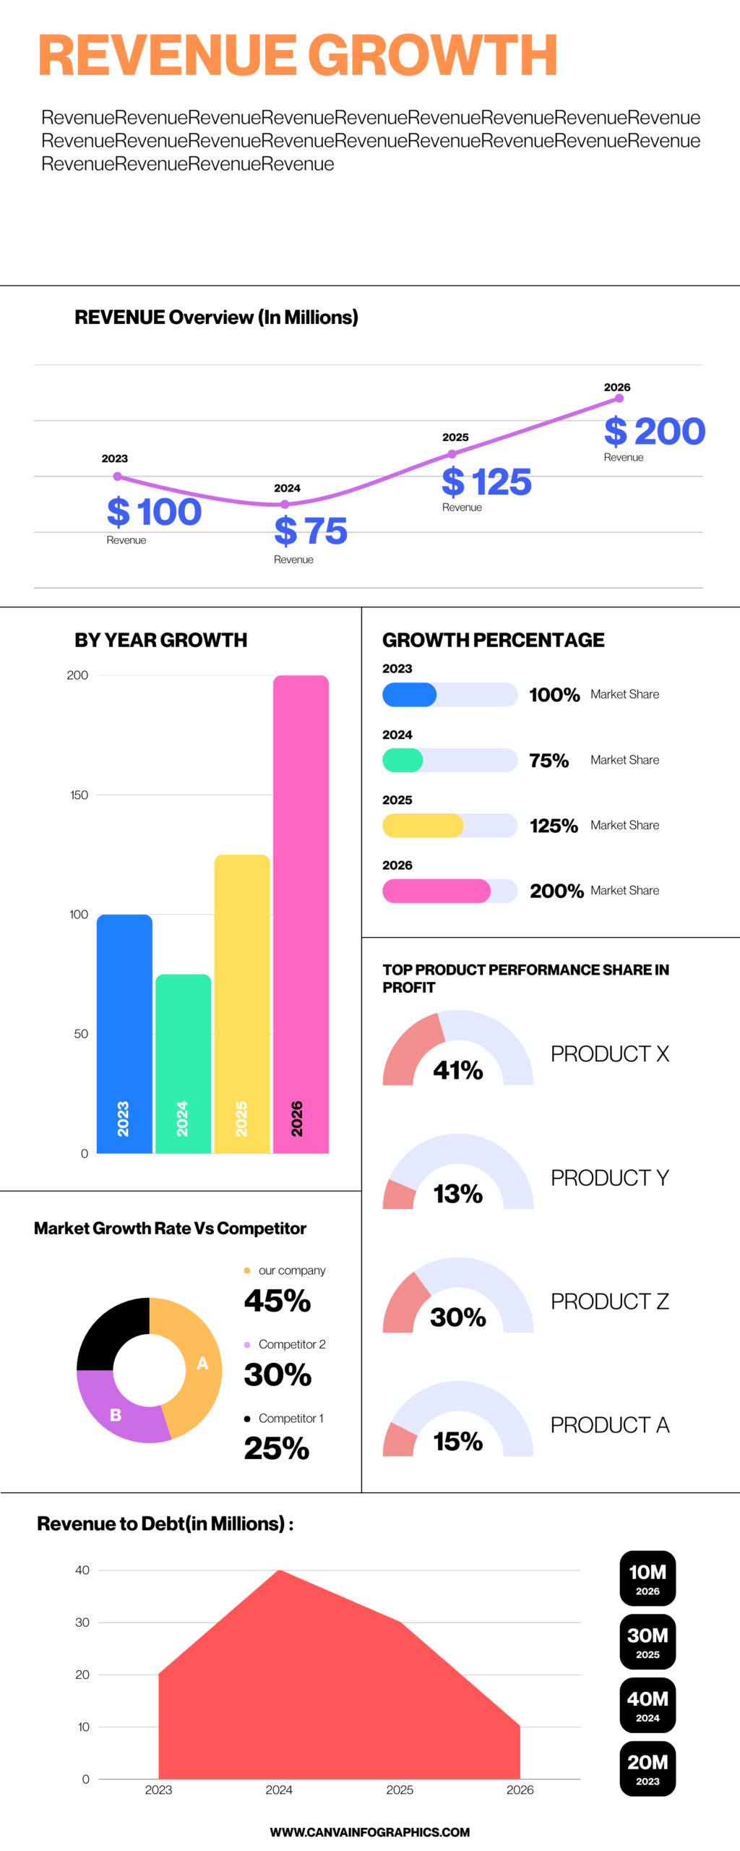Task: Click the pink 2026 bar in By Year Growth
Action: (x=301, y=911)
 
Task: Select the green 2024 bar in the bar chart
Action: (x=183, y=1063)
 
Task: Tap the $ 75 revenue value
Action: (x=311, y=531)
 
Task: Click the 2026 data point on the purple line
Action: (x=619, y=398)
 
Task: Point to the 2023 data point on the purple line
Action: (x=118, y=476)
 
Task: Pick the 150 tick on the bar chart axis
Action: (x=79, y=795)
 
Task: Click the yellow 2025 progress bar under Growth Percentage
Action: (x=423, y=826)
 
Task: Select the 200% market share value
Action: (x=556, y=891)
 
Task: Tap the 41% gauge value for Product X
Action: (x=457, y=1070)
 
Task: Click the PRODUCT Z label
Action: (x=609, y=1301)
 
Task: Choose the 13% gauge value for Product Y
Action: (x=457, y=1194)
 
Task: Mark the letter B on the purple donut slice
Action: (x=116, y=1415)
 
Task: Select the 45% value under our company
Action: (x=277, y=1301)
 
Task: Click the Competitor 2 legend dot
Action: (x=247, y=1345)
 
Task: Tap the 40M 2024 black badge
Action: (x=647, y=1705)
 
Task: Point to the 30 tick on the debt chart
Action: (x=82, y=1623)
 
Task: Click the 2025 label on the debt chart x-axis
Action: (x=400, y=1790)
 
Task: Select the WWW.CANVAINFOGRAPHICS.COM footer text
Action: (x=370, y=1832)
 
